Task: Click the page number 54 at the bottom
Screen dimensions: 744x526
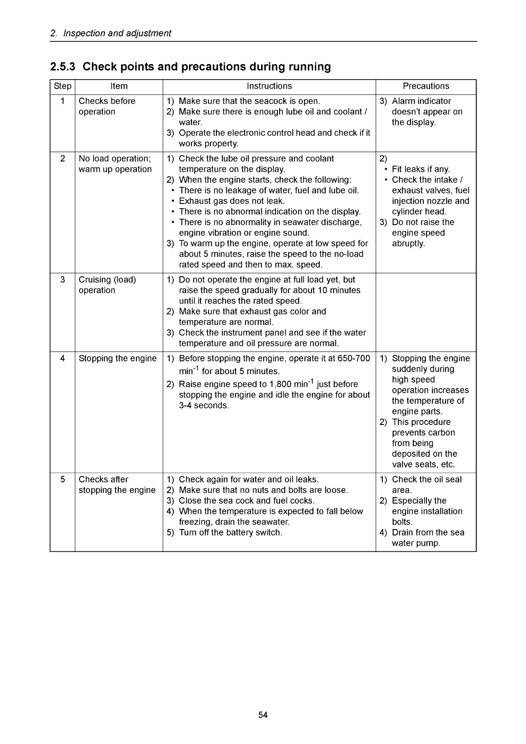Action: tap(263, 715)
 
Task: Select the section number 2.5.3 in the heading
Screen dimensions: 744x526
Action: tap(64, 67)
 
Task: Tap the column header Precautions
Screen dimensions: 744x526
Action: tap(426, 86)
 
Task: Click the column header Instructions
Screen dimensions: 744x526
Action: tap(269, 86)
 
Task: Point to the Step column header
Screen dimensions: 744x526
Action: tap(62, 86)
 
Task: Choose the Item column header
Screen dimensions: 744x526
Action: tap(119, 86)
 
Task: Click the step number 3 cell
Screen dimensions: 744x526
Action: tap(62, 280)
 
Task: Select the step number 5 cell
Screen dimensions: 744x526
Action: tap(62, 479)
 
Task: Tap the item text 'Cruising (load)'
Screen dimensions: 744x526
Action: tap(107, 280)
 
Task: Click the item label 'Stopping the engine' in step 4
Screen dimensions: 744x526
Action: tap(117, 359)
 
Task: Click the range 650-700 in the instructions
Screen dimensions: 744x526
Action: tap(354, 359)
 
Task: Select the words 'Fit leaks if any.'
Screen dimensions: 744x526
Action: tap(421, 169)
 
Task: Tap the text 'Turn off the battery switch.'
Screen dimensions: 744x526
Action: tap(230, 532)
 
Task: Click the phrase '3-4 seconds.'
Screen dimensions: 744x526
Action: tap(204, 405)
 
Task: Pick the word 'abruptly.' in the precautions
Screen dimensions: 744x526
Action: tap(408, 244)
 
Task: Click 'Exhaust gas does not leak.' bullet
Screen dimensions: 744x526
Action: tap(232, 201)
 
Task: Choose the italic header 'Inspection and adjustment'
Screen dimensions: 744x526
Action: tap(117, 33)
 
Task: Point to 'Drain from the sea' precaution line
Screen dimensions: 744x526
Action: tap(428, 533)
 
